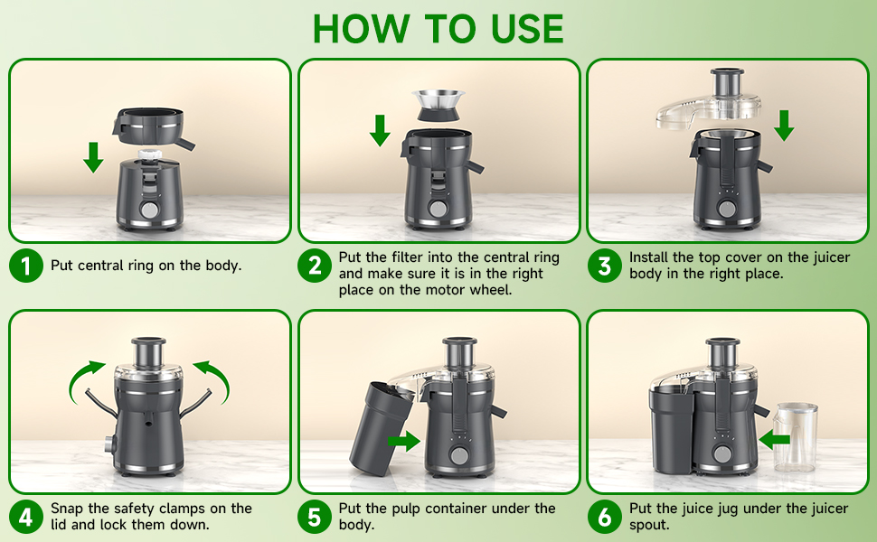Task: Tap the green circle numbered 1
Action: click(x=26, y=266)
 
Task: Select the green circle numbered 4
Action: click(x=26, y=517)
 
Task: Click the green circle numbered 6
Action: click(x=604, y=517)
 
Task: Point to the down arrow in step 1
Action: click(x=93, y=155)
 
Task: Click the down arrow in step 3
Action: click(x=784, y=125)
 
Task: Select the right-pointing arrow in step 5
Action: click(x=403, y=442)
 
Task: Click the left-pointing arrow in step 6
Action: click(x=775, y=440)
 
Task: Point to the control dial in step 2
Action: click(x=438, y=209)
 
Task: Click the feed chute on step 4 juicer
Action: click(x=147, y=352)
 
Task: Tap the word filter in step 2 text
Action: click(x=406, y=257)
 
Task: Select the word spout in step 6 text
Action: click(x=649, y=525)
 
